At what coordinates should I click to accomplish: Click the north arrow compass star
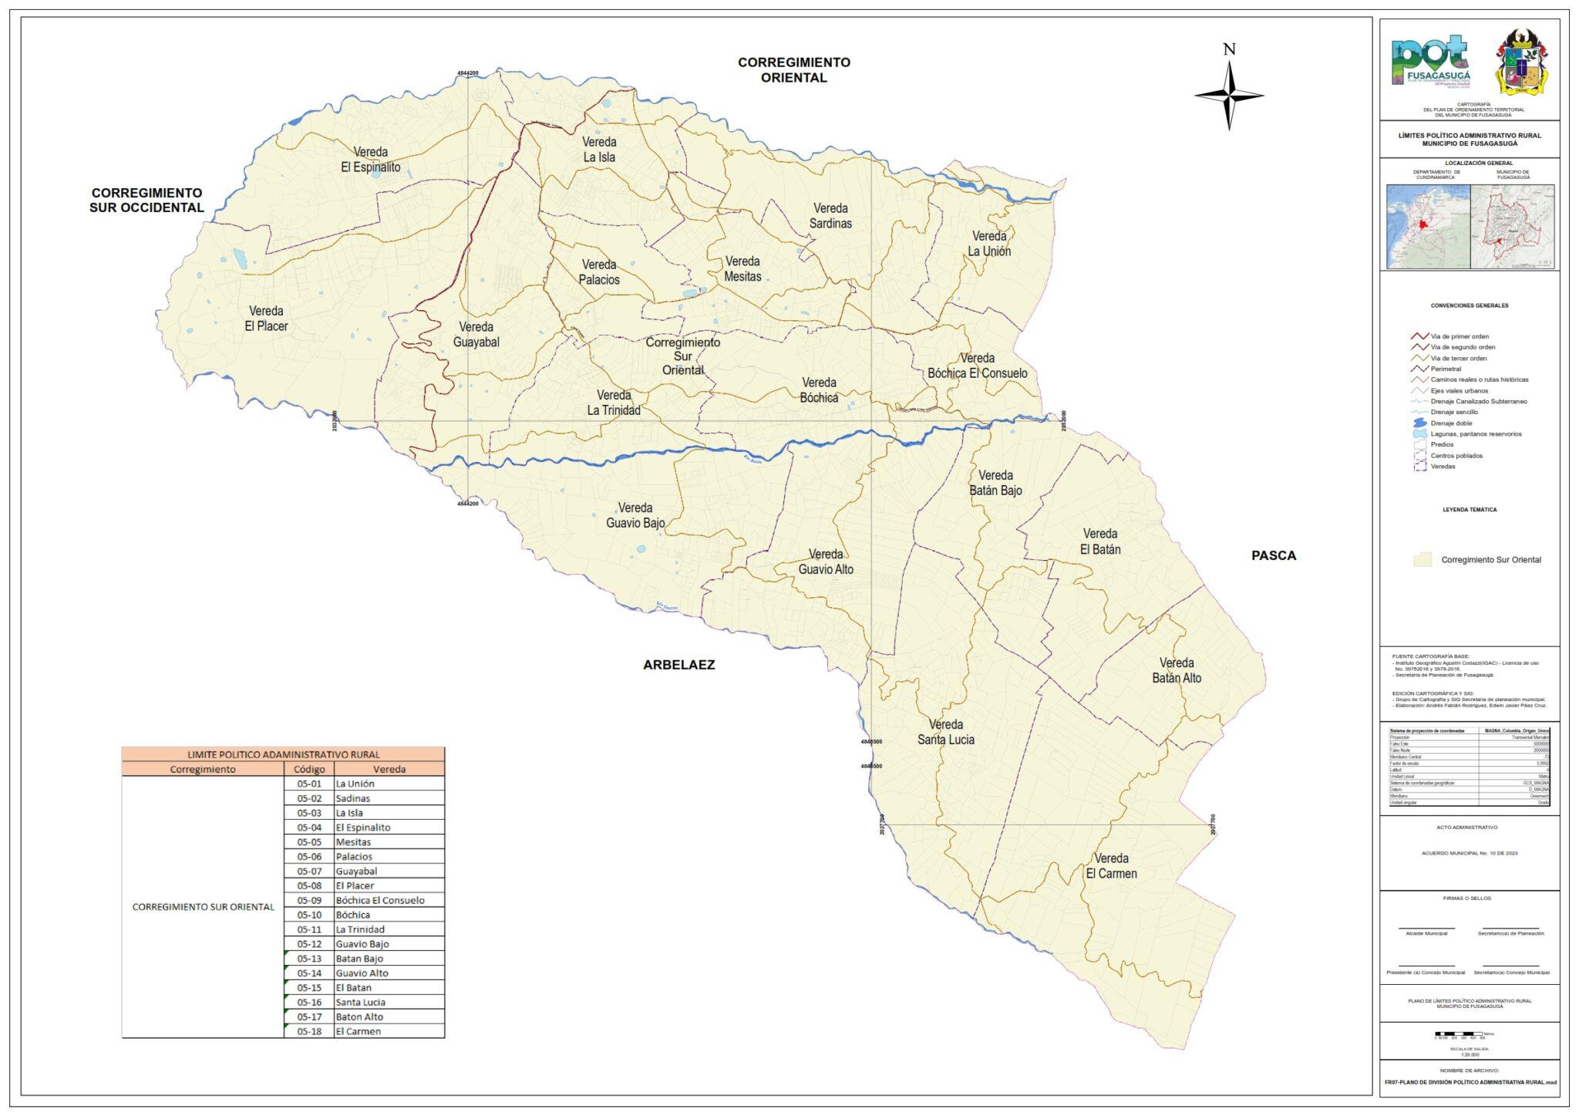[x=1229, y=96]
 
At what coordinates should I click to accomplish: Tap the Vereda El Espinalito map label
[x=371, y=160]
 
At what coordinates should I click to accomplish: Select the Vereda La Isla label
[x=599, y=150]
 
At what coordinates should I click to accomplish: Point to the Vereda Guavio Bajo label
[x=635, y=515]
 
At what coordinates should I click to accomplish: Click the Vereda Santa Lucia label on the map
[x=945, y=732]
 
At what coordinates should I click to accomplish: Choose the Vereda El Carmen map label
[x=1111, y=865]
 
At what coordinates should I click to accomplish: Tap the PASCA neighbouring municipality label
[x=1273, y=555]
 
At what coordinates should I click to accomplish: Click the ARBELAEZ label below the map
[x=678, y=665]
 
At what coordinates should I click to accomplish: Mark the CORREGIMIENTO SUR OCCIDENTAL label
[x=146, y=200]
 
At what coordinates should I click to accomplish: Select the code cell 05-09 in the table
[x=309, y=900]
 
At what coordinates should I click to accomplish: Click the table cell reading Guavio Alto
[x=362, y=973]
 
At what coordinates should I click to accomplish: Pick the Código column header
[x=309, y=769]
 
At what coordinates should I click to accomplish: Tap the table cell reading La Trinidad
[x=360, y=929]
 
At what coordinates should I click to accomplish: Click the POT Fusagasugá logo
[x=1431, y=62]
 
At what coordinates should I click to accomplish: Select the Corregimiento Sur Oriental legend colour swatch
[x=1422, y=560]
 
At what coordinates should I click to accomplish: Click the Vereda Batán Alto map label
[x=1177, y=670]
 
